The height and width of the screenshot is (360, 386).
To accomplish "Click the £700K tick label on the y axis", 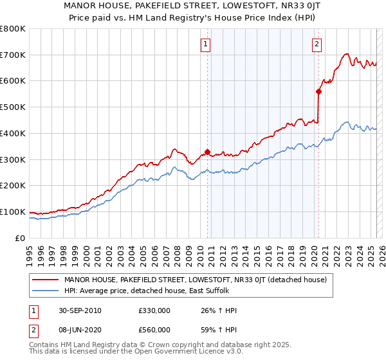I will coord(13,55).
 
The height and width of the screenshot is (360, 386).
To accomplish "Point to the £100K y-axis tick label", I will coord(13,212).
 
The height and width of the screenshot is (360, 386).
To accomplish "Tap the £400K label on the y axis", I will coord(13,133).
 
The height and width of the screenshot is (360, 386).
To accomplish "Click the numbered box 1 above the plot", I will coord(205,44).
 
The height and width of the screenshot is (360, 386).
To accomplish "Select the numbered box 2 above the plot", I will coord(317,44).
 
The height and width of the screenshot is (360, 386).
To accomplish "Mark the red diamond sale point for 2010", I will coord(207,152).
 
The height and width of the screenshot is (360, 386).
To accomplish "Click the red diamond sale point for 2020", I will coord(318,91).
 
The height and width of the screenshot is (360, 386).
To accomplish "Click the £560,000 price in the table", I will coord(154,329).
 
